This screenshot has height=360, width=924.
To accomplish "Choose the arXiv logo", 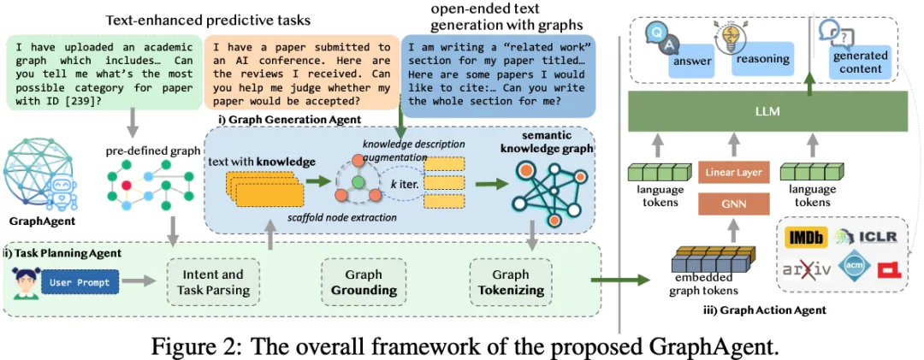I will (x=806, y=271).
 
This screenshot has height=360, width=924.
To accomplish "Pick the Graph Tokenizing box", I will (x=511, y=282).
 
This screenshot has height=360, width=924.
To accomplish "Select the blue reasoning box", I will (x=761, y=60).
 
